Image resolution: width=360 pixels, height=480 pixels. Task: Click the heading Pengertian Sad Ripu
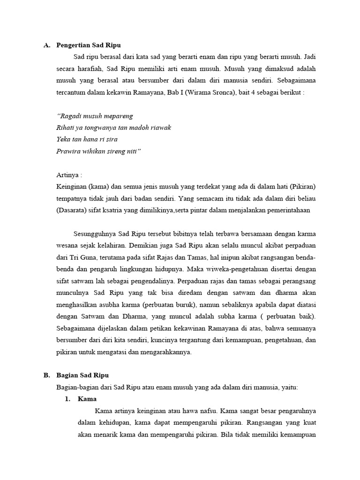[x=89, y=45]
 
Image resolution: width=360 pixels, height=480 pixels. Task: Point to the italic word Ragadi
[x=68, y=116]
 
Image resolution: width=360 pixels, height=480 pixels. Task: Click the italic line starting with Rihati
[x=113, y=127]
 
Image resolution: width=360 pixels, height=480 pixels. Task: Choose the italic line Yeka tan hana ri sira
[x=87, y=139]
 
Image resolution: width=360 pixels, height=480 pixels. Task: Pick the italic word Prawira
[x=68, y=151]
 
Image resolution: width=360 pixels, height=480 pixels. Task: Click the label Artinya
[x=68, y=175]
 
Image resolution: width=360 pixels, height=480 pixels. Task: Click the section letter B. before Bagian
[x=46, y=375]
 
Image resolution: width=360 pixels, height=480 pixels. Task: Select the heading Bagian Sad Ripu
[x=82, y=375]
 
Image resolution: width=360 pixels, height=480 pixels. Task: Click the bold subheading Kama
[x=87, y=399]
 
